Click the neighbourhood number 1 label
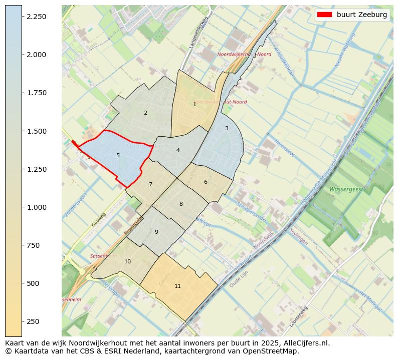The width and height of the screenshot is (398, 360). [194, 104]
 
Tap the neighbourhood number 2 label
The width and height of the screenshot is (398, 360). [145, 113]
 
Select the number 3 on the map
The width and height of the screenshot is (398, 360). [227, 128]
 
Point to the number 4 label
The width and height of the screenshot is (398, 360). [178, 150]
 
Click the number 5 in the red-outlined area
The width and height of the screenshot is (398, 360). [118, 155]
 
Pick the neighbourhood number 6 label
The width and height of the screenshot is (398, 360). [206, 182]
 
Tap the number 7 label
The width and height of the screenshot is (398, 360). [150, 184]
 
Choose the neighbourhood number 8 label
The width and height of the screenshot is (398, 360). [181, 204]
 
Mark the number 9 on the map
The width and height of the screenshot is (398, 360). [156, 232]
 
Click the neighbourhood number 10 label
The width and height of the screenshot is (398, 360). [127, 261]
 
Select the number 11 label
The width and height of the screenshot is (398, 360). [177, 286]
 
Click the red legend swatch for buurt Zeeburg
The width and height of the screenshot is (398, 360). [324, 15]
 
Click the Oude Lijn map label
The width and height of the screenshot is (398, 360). [239, 283]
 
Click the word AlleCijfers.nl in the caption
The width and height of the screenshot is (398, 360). [305, 343]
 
